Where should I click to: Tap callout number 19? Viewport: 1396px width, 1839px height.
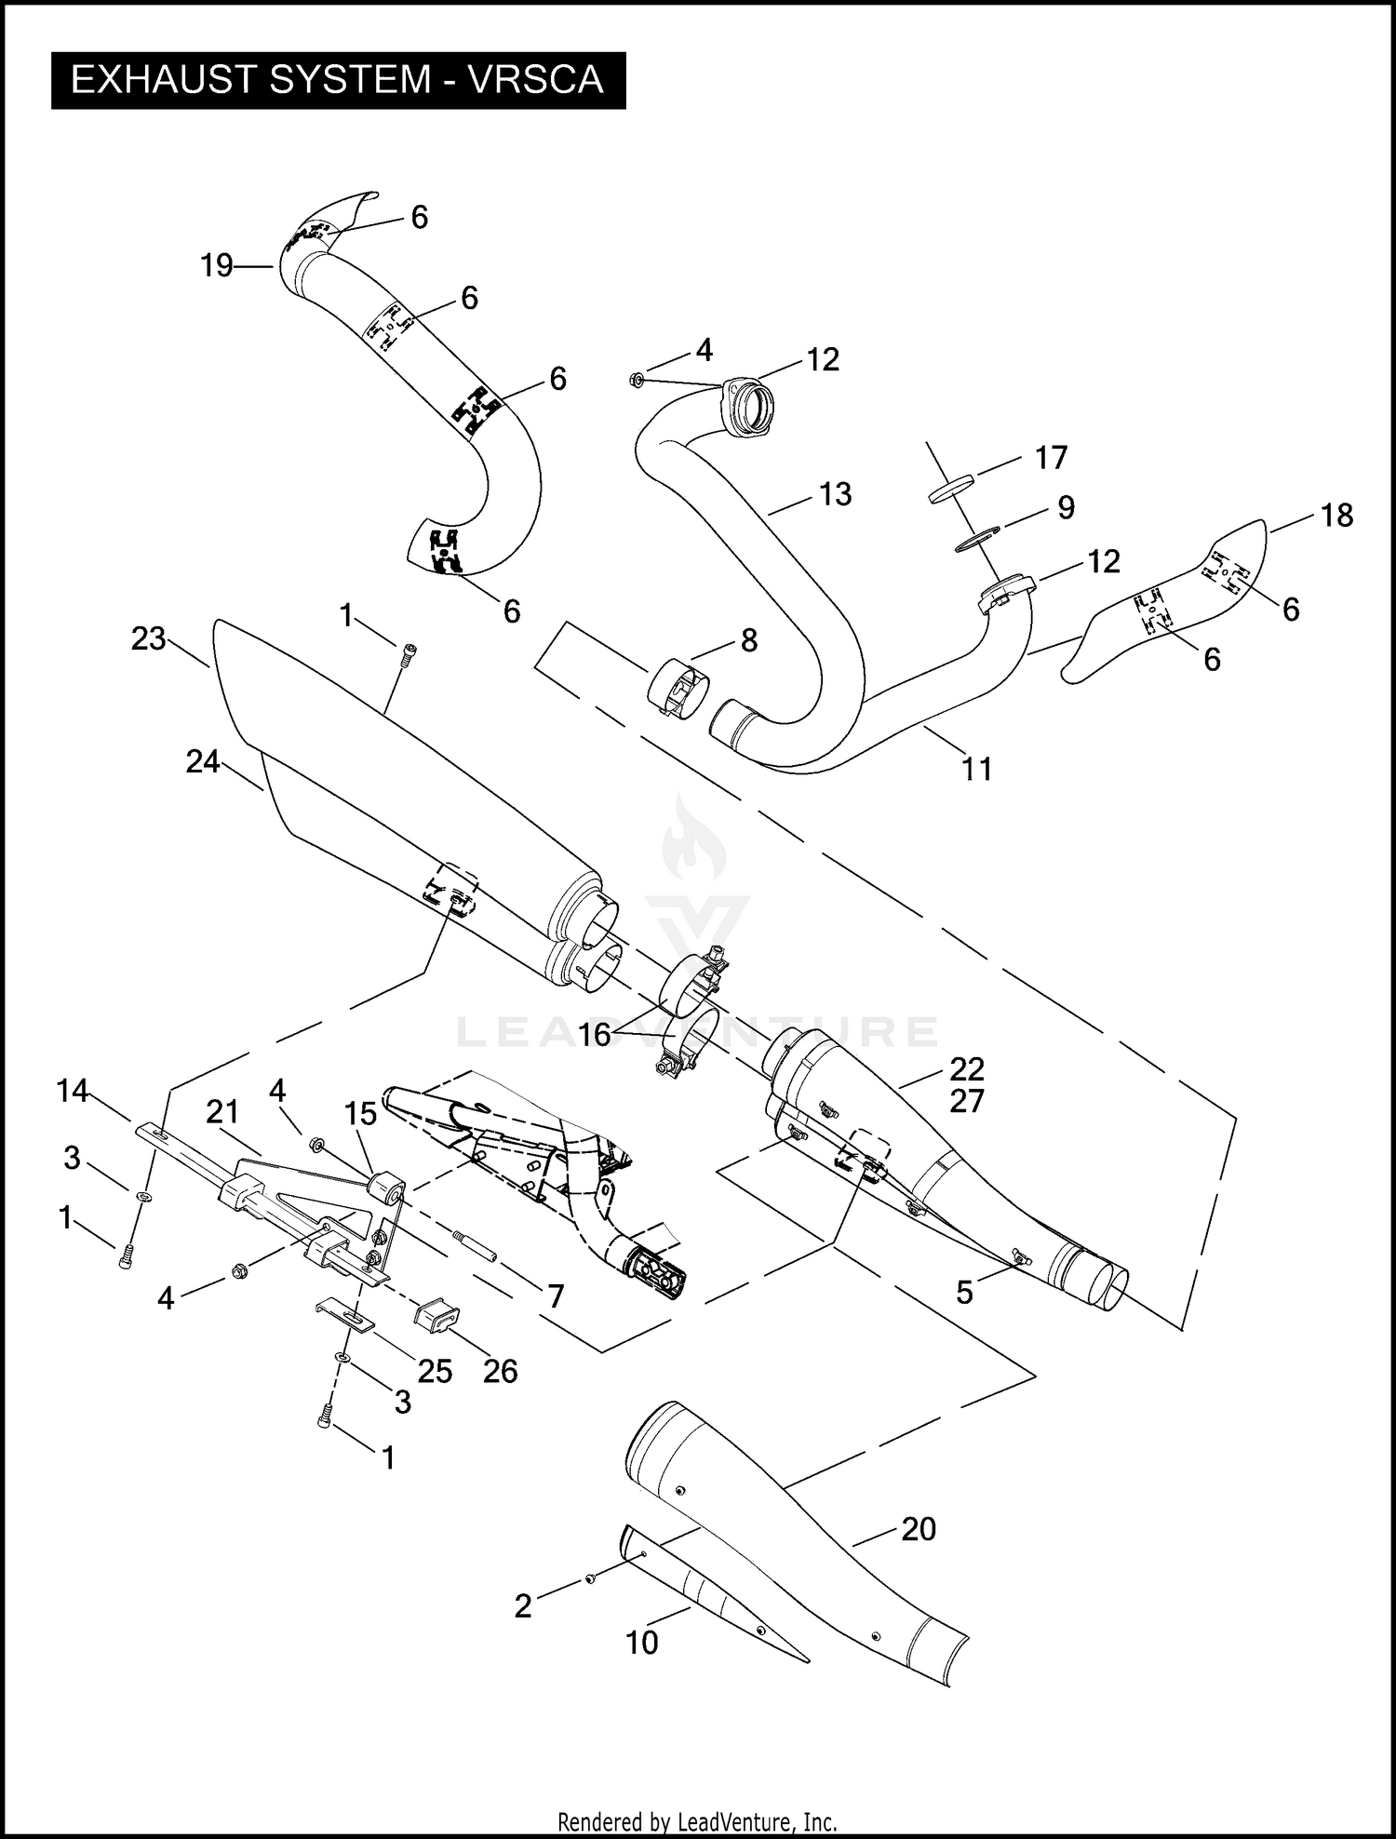click(x=217, y=266)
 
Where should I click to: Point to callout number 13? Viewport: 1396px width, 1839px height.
click(x=835, y=494)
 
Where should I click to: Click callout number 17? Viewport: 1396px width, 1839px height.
click(x=1051, y=458)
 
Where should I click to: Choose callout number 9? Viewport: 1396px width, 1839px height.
click(x=1066, y=507)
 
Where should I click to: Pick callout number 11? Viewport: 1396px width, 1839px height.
click(x=976, y=769)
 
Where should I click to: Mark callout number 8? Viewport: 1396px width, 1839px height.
click(x=748, y=640)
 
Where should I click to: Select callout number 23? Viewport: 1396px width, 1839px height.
click(x=148, y=638)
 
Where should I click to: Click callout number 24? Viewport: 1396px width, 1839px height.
click(x=202, y=761)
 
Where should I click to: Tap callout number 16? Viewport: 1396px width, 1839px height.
click(x=595, y=1034)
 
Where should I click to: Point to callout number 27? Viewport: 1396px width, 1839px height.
click(x=967, y=1101)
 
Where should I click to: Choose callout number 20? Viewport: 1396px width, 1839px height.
click(x=918, y=1529)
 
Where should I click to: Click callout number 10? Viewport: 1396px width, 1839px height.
click(x=641, y=1643)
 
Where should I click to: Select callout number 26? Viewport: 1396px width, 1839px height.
click(x=500, y=1371)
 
